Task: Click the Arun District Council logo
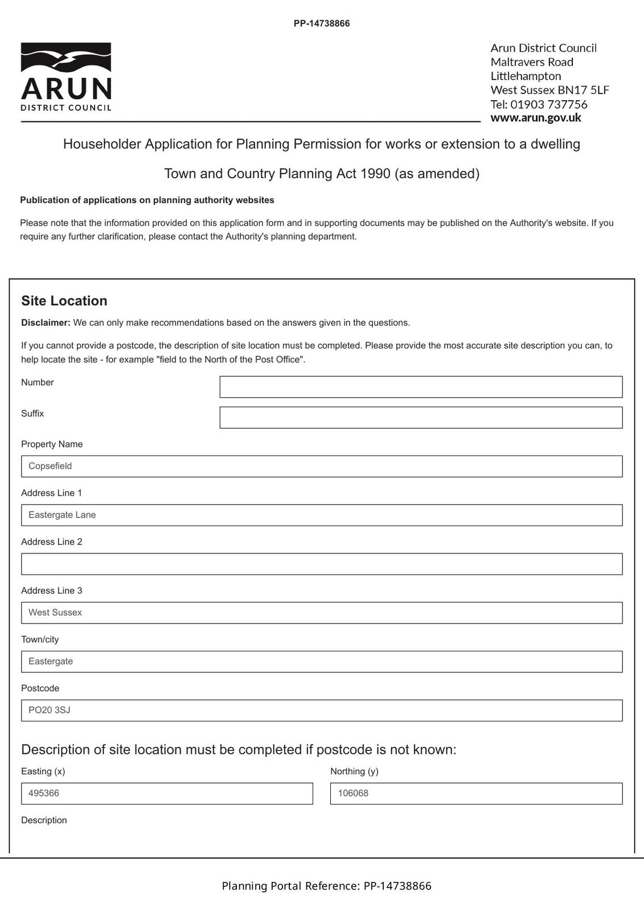point(66,76)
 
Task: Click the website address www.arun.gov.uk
point(535,118)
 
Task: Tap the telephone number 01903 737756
point(548,104)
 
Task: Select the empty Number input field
point(421,387)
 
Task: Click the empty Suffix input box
point(421,417)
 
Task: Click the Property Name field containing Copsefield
point(322,466)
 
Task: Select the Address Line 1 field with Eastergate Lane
point(322,515)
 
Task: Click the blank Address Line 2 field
point(322,564)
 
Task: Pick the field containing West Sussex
point(322,613)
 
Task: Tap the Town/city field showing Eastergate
point(322,662)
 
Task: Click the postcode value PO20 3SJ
point(50,711)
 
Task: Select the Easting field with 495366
point(167,794)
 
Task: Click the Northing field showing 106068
point(476,794)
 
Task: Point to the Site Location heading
point(64,301)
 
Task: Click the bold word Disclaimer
point(46,323)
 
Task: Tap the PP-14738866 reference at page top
point(322,24)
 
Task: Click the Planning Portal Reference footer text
point(326,886)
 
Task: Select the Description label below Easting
point(44,820)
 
